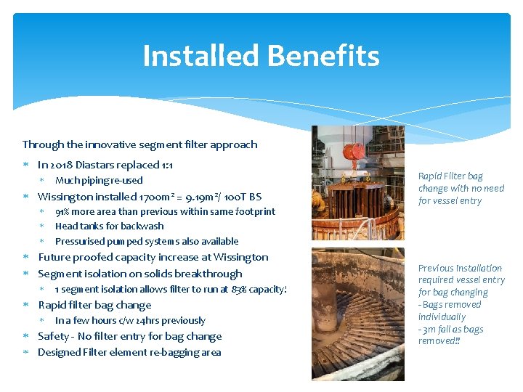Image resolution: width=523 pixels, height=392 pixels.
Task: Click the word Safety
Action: [x=53, y=336]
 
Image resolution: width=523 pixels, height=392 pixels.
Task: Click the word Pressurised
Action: [x=79, y=241]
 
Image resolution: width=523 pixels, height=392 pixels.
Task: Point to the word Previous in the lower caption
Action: [x=437, y=268]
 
